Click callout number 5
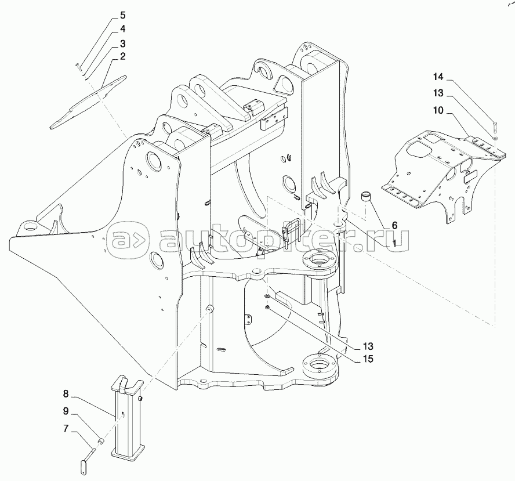[x=122, y=15]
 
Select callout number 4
[x=122, y=29]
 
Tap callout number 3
[x=122, y=44]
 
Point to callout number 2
[x=122, y=56]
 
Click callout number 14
[x=438, y=77]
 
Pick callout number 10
[x=438, y=110]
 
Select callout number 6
[x=394, y=225]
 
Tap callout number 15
[x=368, y=359]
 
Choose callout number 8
[x=66, y=393]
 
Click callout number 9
[x=66, y=411]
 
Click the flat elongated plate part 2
[x=88, y=102]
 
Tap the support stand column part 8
[x=127, y=415]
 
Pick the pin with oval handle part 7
[x=87, y=462]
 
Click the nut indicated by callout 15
[x=267, y=307]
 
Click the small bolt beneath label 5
[x=78, y=66]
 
